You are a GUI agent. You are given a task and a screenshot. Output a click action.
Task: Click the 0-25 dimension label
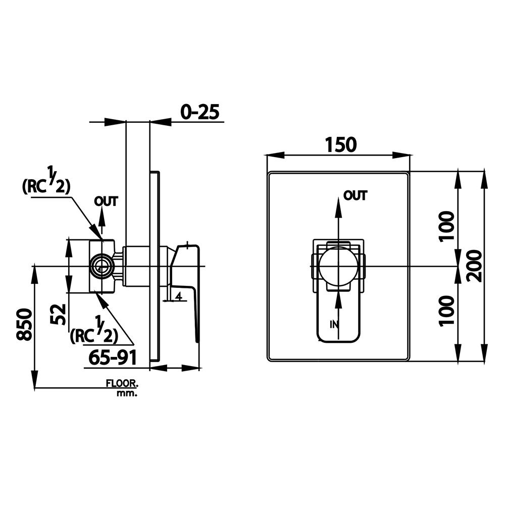(201, 112)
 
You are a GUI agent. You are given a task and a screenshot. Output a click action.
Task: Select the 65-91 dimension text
(113, 358)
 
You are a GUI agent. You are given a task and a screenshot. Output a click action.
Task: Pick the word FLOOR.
(122, 384)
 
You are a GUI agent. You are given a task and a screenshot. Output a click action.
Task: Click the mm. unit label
(126, 393)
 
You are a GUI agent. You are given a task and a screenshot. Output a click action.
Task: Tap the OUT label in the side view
(106, 201)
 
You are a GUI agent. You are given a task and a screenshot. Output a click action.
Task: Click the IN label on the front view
(333, 324)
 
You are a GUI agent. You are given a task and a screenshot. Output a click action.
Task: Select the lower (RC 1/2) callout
(93, 335)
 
